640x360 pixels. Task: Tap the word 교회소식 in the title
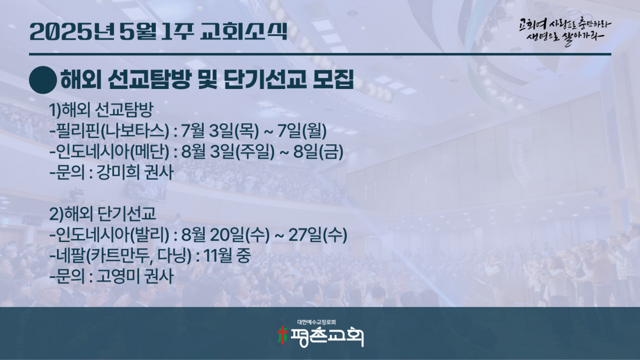point(244,31)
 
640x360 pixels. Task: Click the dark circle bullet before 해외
point(43,80)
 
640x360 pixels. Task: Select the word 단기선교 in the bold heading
point(265,80)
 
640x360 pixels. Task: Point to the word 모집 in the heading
point(333,80)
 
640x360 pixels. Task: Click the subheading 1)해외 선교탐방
point(101,110)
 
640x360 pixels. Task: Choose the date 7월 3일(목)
point(220,131)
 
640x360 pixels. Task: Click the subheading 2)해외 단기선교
point(102,214)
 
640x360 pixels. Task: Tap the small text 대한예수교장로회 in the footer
point(317,322)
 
